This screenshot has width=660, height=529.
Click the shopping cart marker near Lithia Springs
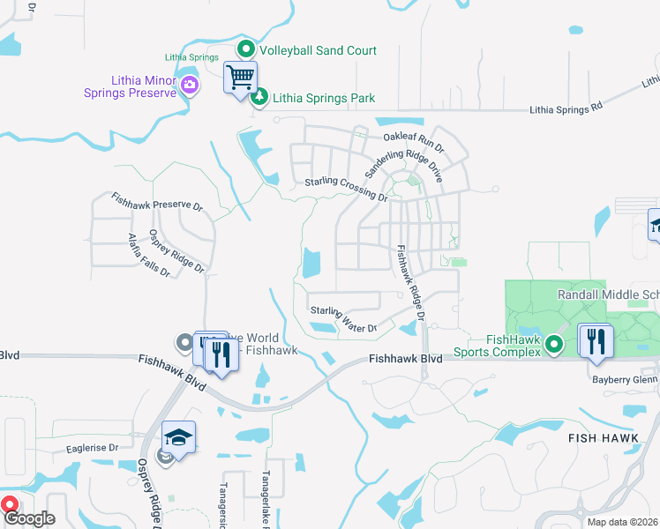coord(240,78)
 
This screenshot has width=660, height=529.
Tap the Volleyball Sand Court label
coord(318,50)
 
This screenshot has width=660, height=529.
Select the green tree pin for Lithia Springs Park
coord(259,97)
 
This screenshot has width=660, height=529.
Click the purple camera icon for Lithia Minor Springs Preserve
coord(190,85)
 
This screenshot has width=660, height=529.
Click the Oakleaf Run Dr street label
coord(413,138)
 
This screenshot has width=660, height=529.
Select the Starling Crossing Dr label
coord(346,189)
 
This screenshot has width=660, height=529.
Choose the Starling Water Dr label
coord(343,319)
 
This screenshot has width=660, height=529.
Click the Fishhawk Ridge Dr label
coord(411,282)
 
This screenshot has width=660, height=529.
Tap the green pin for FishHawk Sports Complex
coord(554,343)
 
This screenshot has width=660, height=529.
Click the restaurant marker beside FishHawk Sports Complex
coord(596,340)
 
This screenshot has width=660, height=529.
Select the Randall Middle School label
coord(608,294)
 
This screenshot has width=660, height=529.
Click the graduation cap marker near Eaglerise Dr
coord(178,437)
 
